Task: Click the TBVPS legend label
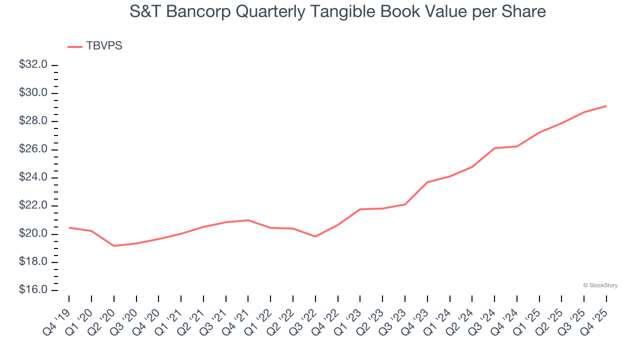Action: click(x=104, y=46)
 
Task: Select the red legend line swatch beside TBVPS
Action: click(x=75, y=46)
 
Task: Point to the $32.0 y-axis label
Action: click(x=33, y=65)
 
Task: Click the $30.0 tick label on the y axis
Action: click(x=33, y=93)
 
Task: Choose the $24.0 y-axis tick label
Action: click(x=33, y=177)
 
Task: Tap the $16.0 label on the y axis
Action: click(x=33, y=290)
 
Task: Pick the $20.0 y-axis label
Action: click(x=33, y=234)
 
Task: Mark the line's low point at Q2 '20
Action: click(x=114, y=246)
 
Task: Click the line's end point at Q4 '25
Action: click(x=606, y=106)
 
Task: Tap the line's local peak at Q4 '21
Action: click(x=248, y=220)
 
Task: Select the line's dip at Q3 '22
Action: click(x=315, y=236)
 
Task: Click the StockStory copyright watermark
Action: click(x=600, y=285)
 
